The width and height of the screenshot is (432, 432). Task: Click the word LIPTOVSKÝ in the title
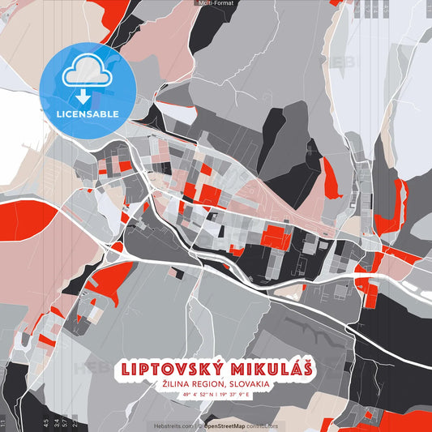[x=168, y=368]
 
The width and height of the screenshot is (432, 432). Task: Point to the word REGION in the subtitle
[x=208, y=384]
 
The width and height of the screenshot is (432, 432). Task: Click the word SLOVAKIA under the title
[x=250, y=384]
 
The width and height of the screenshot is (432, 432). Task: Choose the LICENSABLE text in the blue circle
[x=87, y=113]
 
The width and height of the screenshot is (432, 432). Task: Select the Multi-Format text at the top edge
[x=216, y=3]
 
